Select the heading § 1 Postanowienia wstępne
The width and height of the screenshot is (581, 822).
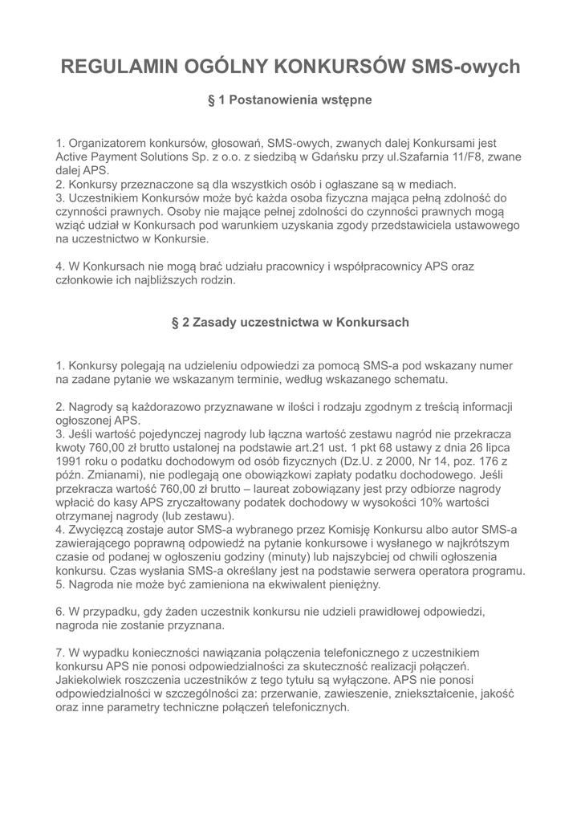290,101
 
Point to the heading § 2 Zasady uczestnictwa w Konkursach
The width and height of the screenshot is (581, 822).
290,322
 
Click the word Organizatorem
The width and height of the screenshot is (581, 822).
108,144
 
